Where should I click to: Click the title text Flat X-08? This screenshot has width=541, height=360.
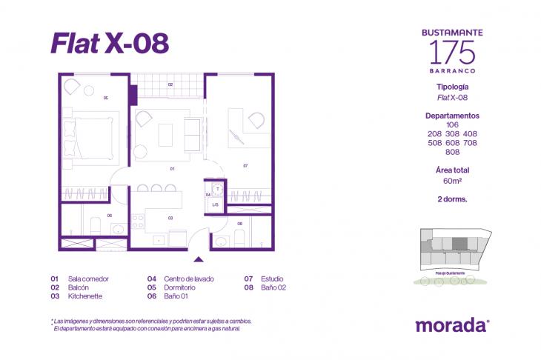point(110,44)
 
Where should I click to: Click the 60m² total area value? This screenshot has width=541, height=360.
point(453,181)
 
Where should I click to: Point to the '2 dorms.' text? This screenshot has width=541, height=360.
point(452,199)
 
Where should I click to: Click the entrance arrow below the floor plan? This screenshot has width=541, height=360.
point(198,259)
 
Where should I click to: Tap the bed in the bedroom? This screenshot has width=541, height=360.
point(95,136)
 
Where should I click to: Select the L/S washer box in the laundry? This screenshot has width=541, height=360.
point(216,204)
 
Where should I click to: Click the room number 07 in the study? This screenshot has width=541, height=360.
point(245,166)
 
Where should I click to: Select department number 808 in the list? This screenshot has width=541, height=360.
point(452,152)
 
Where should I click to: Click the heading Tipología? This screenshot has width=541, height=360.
point(452,87)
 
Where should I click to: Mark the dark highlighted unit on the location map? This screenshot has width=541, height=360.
point(459,244)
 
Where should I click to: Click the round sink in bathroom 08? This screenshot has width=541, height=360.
point(220,241)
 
